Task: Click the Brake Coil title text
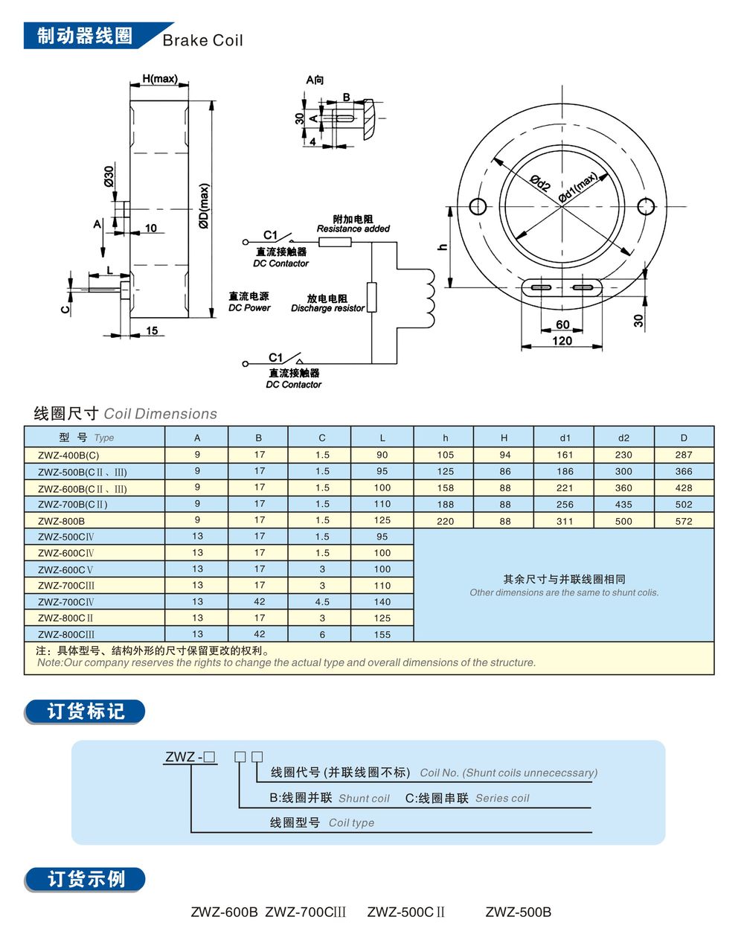202,40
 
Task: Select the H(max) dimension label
159,79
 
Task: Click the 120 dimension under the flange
562,341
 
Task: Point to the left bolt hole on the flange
478,205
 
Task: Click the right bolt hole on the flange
646,205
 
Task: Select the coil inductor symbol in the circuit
429,298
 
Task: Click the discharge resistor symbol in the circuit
371,298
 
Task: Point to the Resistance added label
353,229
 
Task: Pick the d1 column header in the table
565,438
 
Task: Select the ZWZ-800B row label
62,521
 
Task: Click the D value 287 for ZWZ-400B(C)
683,455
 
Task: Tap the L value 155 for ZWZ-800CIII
382,634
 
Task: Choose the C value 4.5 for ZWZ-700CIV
321,601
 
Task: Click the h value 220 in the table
445,521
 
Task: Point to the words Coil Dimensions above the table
161,414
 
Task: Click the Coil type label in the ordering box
351,822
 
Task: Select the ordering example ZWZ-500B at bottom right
519,912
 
